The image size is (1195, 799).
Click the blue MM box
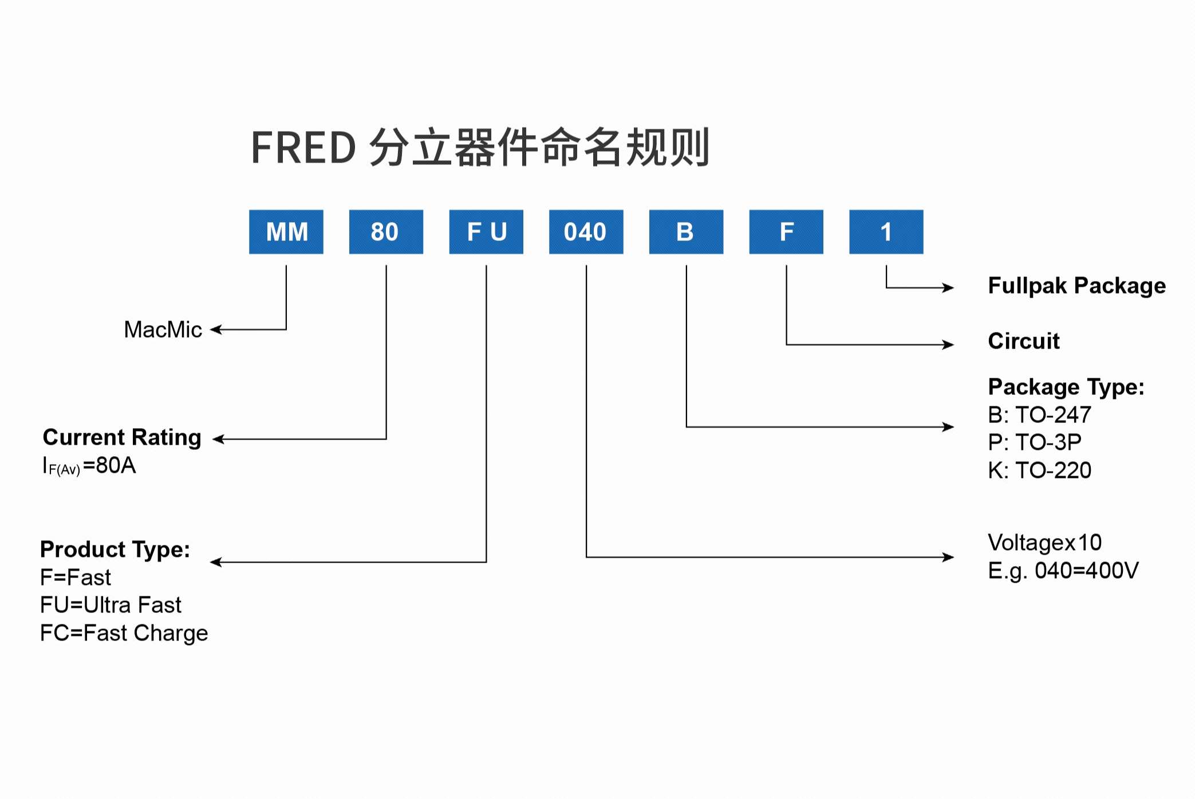286,232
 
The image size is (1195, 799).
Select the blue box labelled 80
386,232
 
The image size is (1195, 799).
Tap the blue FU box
486,232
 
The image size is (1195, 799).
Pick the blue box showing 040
586,232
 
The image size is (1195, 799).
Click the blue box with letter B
686,232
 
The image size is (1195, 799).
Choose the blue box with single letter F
786,232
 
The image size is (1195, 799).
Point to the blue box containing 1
886,232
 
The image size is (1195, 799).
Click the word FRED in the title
303,148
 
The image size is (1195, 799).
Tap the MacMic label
163,330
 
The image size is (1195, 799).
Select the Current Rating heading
122,437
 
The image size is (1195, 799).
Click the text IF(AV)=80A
89,465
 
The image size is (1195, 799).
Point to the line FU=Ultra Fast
111,605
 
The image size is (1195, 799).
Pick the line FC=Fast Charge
124,633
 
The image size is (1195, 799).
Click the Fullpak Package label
1076,286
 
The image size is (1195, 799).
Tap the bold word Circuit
1024,341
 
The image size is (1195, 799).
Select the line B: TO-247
1039,414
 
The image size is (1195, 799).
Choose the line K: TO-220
1039,470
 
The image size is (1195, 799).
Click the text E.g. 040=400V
1063,571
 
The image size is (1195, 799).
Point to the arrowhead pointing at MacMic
215,330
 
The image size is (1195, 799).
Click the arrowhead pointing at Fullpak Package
949,287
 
